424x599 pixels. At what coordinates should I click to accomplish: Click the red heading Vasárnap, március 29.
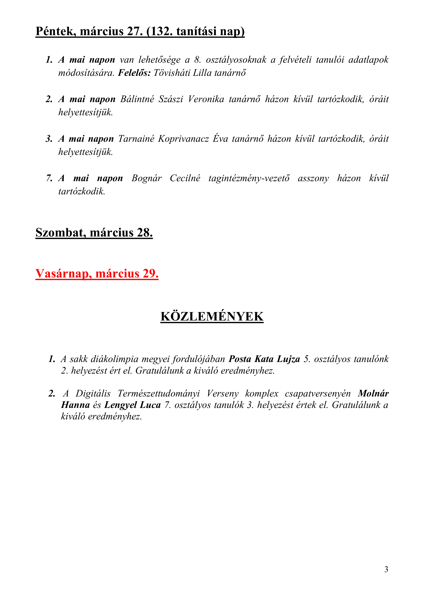pyautogui.click(x=97, y=274)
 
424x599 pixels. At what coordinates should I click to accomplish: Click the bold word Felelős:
pyautogui.click(x=134, y=73)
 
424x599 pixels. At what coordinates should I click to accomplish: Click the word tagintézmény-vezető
pyautogui.click(x=249, y=178)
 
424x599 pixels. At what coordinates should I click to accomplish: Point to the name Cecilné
pyautogui.click(x=185, y=178)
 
